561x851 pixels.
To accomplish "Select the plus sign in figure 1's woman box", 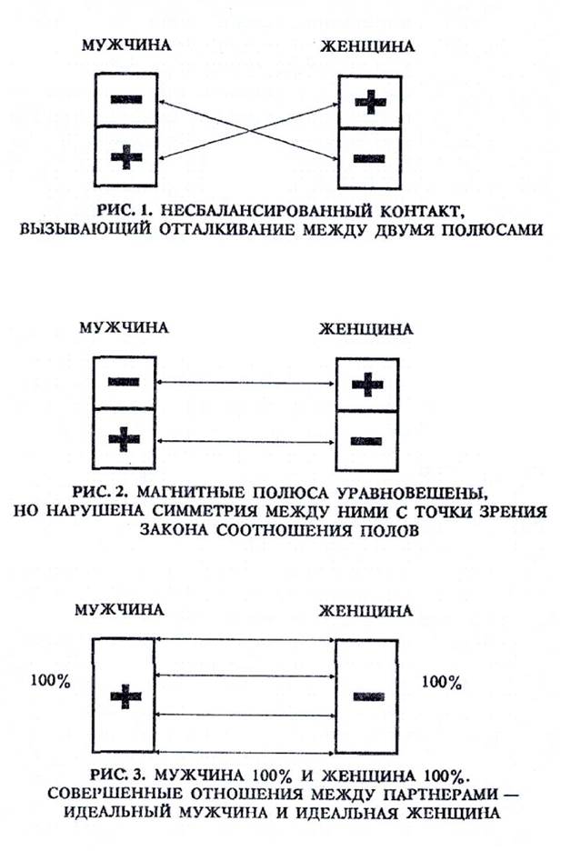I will click(367, 103).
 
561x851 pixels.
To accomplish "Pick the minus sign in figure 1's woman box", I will click(367, 158).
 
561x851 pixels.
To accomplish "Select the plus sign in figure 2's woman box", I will click(366, 385).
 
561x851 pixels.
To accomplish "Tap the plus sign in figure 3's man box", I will click(126, 698).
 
